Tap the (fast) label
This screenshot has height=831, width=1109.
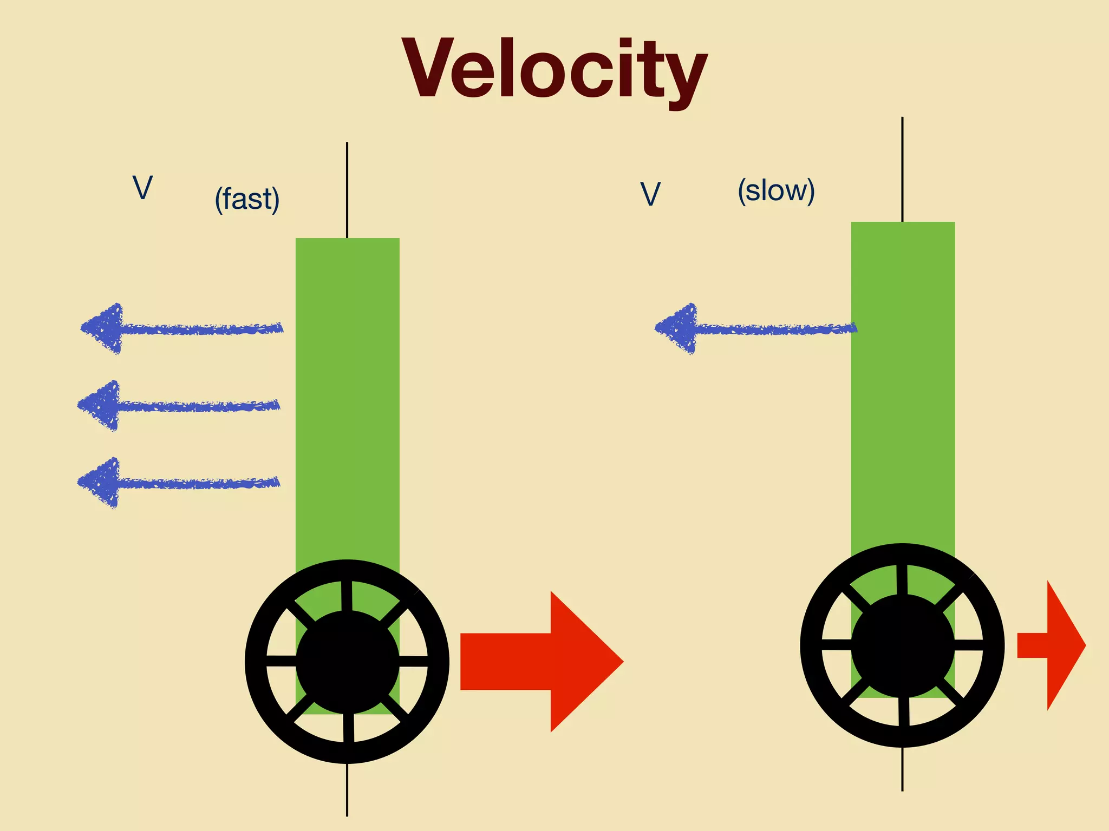tap(247, 199)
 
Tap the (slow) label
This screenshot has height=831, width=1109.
tap(776, 191)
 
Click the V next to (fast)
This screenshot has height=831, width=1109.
tap(142, 188)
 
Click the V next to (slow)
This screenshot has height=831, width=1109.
tap(650, 194)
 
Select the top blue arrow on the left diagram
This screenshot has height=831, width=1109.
tap(181, 328)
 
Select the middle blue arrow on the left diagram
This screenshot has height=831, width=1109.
tap(179, 405)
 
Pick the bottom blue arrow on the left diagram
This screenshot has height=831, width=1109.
tap(179, 483)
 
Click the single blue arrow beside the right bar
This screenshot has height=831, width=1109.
tap(755, 328)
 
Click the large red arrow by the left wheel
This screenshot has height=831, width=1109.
tap(542, 661)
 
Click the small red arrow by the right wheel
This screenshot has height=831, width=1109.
tap(1051, 645)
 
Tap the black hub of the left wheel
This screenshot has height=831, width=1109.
tap(347, 662)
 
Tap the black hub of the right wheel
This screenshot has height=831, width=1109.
tap(903, 645)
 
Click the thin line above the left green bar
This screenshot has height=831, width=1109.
tap(347, 189)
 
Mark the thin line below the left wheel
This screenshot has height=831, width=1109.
tap(347, 790)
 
